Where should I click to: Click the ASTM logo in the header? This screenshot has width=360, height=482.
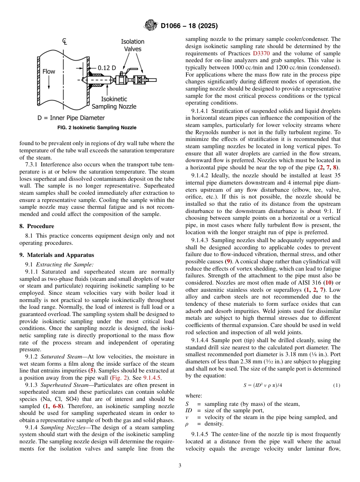(150, 26)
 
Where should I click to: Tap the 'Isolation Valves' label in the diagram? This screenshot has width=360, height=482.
(132, 45)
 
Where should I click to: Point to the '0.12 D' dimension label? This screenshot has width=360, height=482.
(107, 67)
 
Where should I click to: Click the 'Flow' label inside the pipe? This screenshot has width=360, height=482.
(49, 71)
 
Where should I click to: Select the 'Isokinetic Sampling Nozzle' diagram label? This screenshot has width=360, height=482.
(114, 103)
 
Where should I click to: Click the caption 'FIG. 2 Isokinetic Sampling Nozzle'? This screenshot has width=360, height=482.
(97, 128)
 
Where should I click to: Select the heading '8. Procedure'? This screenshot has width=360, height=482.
(37, 226)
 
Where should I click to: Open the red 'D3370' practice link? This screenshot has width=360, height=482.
(261, 53)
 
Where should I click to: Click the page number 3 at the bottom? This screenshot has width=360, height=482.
(180, 465)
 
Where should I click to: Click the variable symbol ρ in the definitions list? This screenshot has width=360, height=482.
(187, 424)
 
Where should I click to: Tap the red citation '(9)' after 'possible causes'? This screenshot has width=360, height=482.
(228, 262)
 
